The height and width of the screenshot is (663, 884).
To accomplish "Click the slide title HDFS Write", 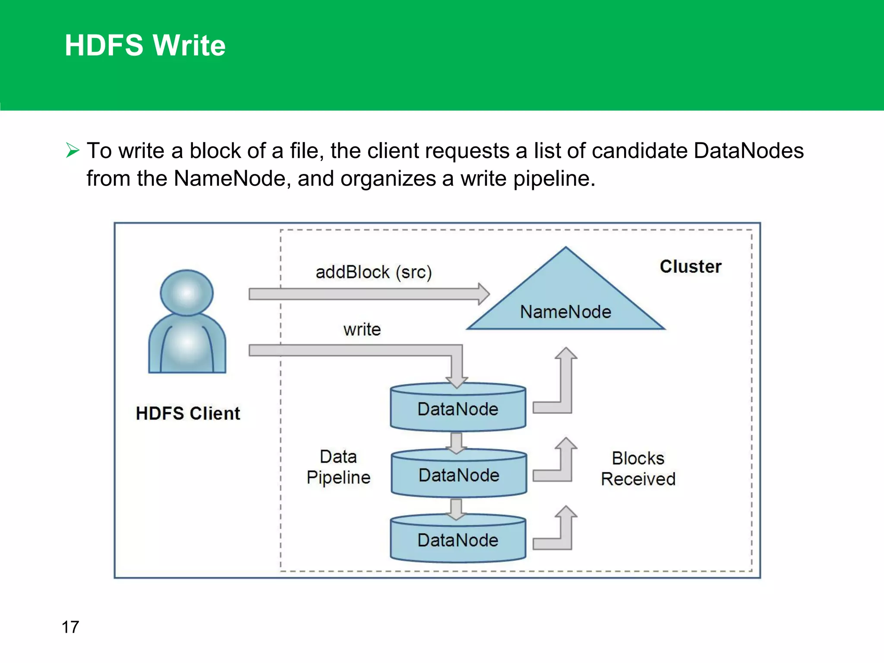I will tap(145, 45).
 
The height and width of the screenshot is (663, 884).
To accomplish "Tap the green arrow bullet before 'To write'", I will tap(73, 150).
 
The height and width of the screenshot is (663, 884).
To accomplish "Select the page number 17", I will tap(70, 627).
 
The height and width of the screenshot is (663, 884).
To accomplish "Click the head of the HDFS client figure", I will tap(186, 293).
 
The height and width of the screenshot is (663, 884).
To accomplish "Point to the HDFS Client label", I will tap(188, 413).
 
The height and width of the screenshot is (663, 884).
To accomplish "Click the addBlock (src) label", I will tap(373, 272).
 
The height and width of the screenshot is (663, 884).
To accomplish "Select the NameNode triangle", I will tap(565, 302).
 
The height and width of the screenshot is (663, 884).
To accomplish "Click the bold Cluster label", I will tap(690, 266).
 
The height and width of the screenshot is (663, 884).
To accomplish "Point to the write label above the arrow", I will tap(362, 329).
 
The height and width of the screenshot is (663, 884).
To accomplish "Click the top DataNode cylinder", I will tap(458, 409).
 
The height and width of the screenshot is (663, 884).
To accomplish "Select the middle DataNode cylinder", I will tap(459, 475).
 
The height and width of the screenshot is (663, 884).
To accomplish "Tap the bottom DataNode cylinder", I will tap(458, 540).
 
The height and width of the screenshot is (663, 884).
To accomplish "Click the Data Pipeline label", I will tap(338, 467).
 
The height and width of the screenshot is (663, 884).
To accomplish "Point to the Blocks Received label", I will tap(638, 468).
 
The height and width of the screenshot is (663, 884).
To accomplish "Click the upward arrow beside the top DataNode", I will tap(565, 380).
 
